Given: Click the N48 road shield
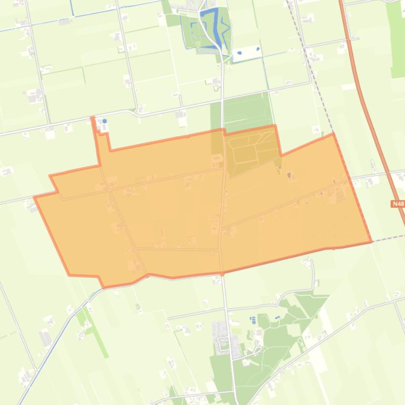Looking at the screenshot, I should coord(398,204).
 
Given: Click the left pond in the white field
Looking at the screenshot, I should coord(240,53).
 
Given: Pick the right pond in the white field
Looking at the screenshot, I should coord(258,49).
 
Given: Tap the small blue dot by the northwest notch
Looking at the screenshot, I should coord(105,121).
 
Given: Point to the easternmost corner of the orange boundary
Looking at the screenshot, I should coord(371,242).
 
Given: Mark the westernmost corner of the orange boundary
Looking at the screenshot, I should coord(35,198).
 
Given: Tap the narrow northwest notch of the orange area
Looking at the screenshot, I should coord(100,139).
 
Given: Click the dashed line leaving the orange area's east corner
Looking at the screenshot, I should coord(389,239).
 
